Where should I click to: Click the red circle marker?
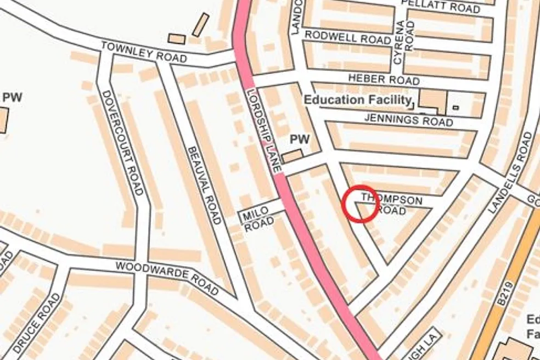pos(361,204)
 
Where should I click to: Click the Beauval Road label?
pos(204,185)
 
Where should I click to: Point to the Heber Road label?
pos(384,80)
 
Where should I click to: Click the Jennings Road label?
pos(409,119)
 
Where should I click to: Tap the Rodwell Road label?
pos(348,37)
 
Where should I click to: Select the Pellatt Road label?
pos(441,6)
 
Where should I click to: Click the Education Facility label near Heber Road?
pos(357,100)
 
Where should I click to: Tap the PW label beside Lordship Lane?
pos(300,139)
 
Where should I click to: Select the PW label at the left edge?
pos(12,97)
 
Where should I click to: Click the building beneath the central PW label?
pos(292,156)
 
